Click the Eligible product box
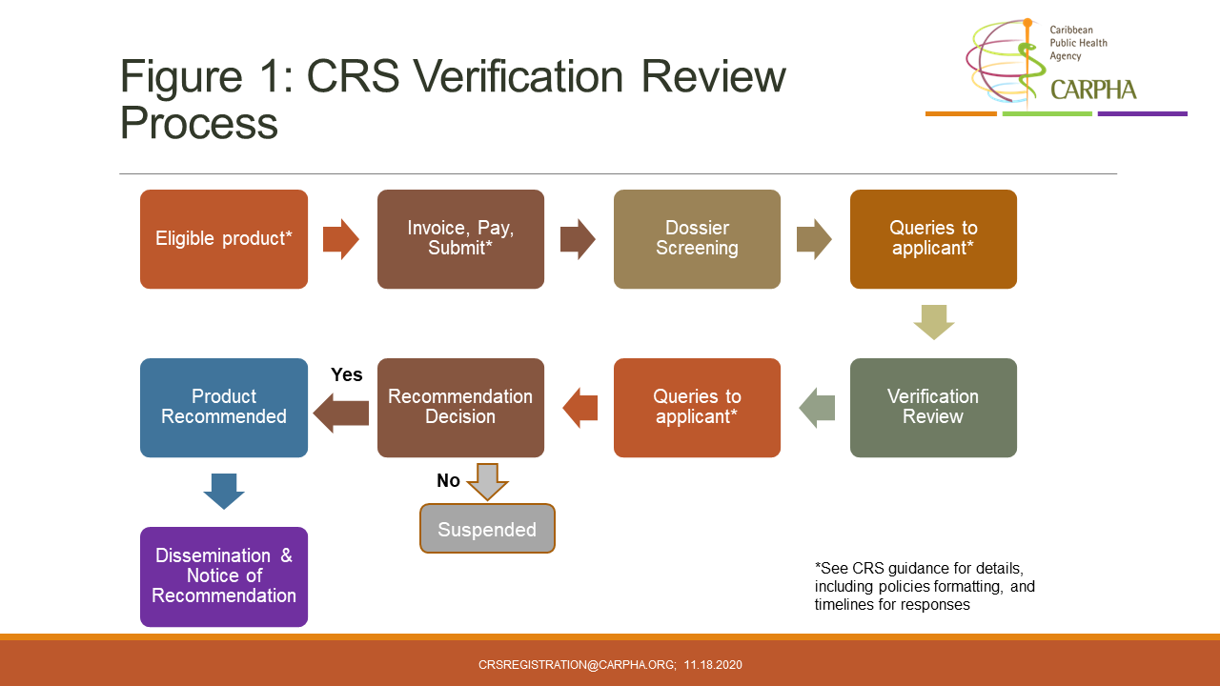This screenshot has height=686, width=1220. tap(224, 239)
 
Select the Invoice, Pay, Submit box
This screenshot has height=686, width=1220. tap(460, 239)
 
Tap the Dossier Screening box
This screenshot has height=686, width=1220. tap(697, 239)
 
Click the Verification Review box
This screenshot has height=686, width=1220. tap(933, 408)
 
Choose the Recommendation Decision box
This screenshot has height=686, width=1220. tap(460, 408)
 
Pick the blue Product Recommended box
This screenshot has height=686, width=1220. tap(224, 408)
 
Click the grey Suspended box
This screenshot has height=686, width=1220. tap(487, 529)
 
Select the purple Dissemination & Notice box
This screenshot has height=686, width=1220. tap(224, 576)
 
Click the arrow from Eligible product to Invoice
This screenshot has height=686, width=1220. tap(341, 239)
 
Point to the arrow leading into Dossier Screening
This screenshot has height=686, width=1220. tap(578, 239)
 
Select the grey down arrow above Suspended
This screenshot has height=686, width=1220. tap(487, 482)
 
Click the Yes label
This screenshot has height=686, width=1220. tap(346, 375)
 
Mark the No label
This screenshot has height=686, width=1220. tap(448, 481)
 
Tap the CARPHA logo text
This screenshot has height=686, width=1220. tap(1093, 91)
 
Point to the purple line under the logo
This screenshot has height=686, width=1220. tap(1142, 114)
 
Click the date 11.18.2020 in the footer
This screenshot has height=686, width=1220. tap(713, 665)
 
